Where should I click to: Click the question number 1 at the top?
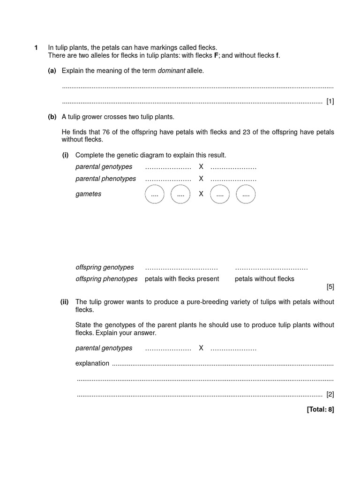click(x=36, y=48)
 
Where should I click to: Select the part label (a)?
click(x=52, y=71)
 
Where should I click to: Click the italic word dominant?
click(x=171, y=71)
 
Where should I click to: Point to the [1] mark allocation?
click(x=330, y=101)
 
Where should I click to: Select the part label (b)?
click(x=52, y=117)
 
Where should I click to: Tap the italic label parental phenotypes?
click(x=105, y=179)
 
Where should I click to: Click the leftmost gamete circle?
click(x=155, y=194)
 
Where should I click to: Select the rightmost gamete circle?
click(x=246, y=194)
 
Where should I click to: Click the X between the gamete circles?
click(x=201, y=194)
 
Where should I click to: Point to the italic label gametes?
click(x=88, y=194)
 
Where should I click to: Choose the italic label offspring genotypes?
click(x=105, y=267)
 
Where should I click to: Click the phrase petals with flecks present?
click(x=182, y=279)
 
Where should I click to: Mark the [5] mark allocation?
click(x=330, y=286)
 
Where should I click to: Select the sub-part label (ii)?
click(x=65, y=302)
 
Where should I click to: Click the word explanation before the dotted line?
click(x=92, y=363)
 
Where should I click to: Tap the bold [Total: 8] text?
click(x=320, y=409)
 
